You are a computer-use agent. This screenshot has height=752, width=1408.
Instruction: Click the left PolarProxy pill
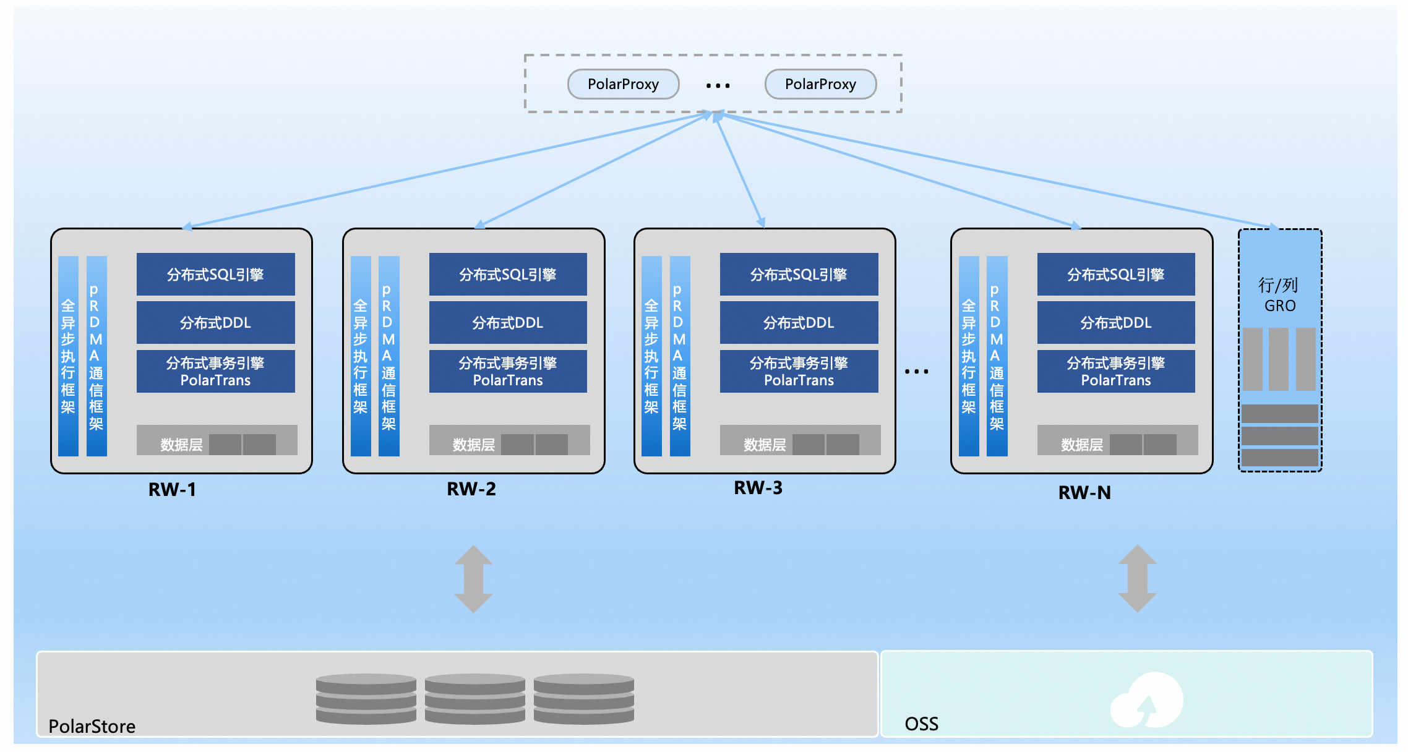(x=623, y=84)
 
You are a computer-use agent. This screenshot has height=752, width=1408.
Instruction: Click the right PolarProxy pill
(x=820, y=84)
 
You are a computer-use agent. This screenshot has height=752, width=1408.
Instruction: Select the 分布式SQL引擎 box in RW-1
(x=215, y=274)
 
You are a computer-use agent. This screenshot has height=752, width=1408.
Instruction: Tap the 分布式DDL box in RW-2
(x=508, y=322)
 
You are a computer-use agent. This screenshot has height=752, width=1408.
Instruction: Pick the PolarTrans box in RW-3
(x=799, y=371)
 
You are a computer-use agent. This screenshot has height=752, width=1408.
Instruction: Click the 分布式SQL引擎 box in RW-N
(x=1116, y=274)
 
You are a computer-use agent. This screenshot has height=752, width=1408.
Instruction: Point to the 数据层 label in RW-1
(x=181, y=445)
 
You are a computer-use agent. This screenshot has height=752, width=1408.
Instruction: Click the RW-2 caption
(x=471, y=489)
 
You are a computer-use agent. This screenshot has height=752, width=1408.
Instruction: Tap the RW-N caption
(x=1084, y=493)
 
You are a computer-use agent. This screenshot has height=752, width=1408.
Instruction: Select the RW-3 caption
(x=758, y=488)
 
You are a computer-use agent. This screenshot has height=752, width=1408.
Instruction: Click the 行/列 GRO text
(x=1279, y=295)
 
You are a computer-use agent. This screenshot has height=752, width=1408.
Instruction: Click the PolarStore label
(x=92, y=726)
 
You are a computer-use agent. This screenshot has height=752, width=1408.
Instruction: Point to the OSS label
(x=921, y=724)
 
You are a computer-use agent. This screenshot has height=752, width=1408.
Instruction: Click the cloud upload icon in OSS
(x=1147, y=700)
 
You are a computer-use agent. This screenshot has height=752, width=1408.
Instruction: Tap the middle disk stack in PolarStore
(x=474, y=699)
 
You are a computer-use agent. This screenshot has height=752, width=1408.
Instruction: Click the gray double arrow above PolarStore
(x=473, y=579)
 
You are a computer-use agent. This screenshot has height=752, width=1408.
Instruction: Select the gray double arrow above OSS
(x=1137, y=578)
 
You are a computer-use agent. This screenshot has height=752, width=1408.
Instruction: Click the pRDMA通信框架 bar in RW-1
(x=97, y=356)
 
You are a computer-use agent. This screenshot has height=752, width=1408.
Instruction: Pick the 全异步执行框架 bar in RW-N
(x=969, y=356)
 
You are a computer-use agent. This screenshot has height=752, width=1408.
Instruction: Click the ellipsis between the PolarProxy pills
(x=718, y=86)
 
